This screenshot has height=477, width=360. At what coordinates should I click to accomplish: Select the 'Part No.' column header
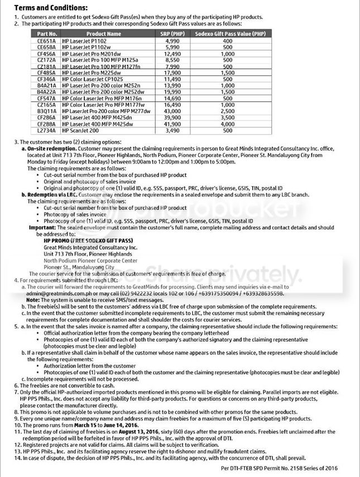click(x=44, y=34)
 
